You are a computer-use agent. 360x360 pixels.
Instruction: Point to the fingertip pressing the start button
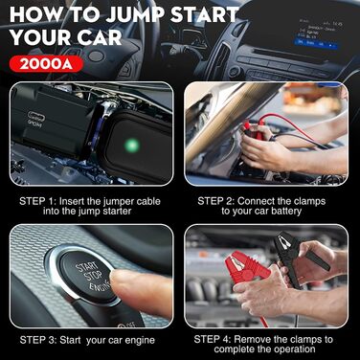click(117, 281)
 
